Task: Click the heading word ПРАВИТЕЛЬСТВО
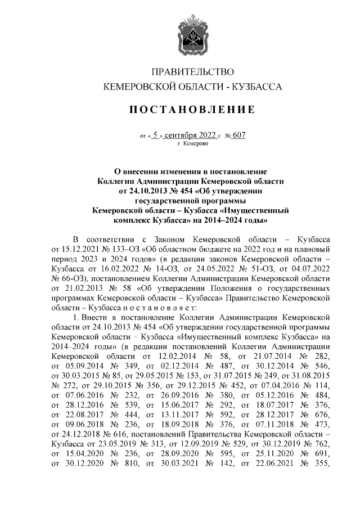(188, 71)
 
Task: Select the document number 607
(239, 135)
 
